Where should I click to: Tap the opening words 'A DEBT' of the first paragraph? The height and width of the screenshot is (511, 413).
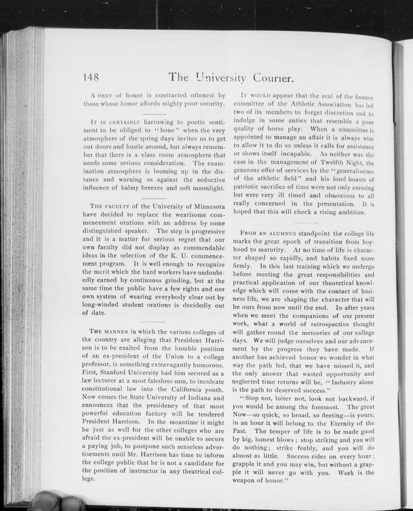point(103,94)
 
